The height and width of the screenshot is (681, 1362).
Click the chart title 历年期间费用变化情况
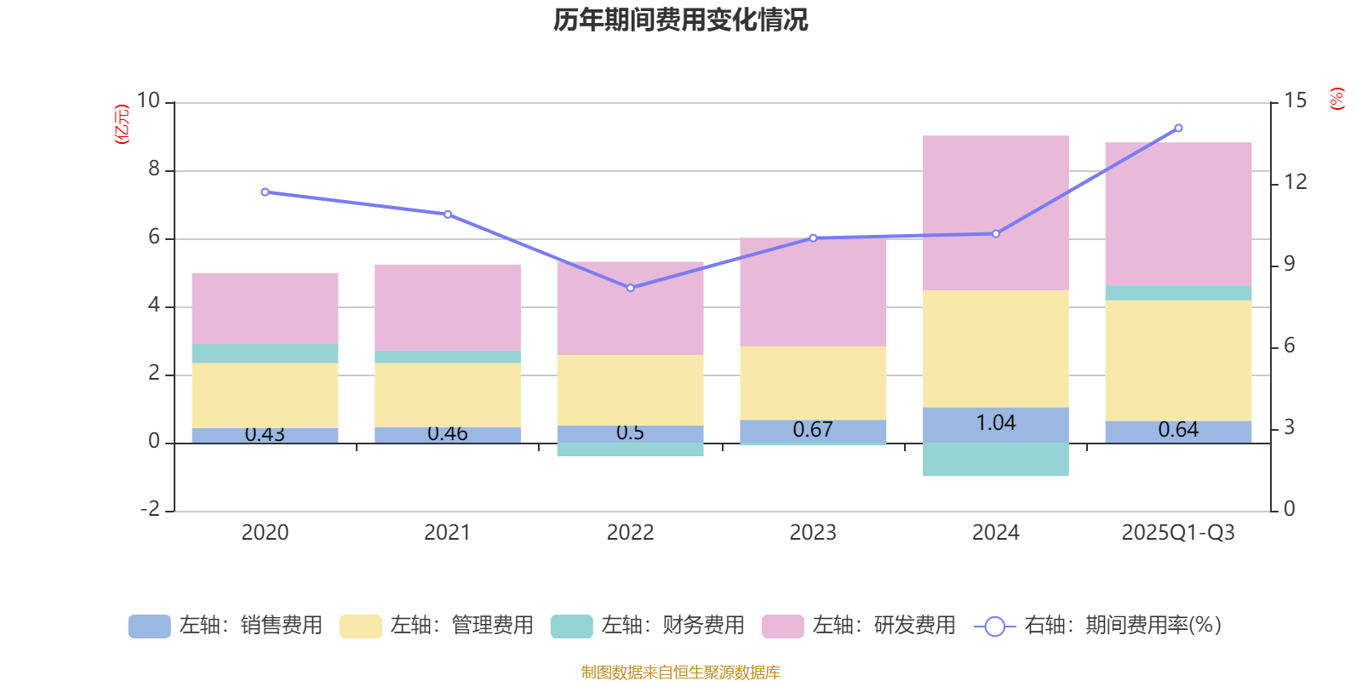(x=680, y=20)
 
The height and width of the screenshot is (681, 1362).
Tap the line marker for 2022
(x=630, y=288)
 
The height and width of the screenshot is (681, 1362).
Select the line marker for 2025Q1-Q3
(x=1178, y=129)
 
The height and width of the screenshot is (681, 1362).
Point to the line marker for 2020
(x=265, y=192)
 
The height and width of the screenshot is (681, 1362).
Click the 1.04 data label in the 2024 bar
(x=995, y=423)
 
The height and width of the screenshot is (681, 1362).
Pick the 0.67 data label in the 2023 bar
(x=812, y=430)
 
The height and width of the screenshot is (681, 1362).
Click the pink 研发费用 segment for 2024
(x=995, y=213)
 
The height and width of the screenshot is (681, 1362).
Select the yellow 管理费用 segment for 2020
(x=265, y=395)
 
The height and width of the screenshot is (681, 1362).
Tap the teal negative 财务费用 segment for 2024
(x=995, y=460)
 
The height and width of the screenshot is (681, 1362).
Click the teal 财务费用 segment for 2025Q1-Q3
(x=1178, y=293)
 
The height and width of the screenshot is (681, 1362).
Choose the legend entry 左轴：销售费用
(x=226, y=626)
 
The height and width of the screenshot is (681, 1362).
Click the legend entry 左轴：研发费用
(x=859, y=626)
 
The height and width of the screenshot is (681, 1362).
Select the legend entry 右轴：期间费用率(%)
(x=1098, y=626)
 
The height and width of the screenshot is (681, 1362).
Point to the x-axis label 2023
(x=812, y=533)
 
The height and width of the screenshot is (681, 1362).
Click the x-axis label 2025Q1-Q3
(x=1178, y=533)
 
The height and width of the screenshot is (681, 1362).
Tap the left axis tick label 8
(x=154, y=169)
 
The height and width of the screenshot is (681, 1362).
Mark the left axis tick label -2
(x=152, y=509)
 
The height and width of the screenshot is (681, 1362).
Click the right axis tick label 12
(x=1296, y=182)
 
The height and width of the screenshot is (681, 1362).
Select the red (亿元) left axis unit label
(x=123, y=124)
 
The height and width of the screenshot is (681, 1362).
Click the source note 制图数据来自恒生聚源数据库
(x=680, y=672)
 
